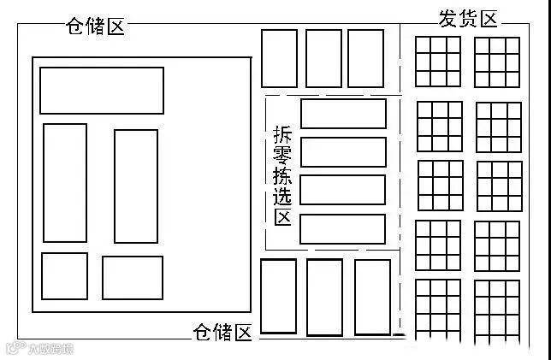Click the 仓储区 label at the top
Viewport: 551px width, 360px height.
click(95, 27)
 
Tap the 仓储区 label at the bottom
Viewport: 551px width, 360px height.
click(223, 332)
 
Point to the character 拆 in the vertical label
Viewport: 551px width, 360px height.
click(282, 135)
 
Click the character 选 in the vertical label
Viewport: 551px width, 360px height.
click(282, 197)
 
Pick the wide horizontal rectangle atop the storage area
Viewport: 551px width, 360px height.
click(101, 91)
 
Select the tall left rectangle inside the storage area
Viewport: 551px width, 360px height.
click(65, 183)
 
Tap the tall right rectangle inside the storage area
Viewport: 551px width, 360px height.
click(136, 186)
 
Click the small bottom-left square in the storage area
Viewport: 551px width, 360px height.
click(64, 275)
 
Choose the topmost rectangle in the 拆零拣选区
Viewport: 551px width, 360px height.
click(343, 114)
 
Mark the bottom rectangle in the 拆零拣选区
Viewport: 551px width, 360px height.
click(342, 229)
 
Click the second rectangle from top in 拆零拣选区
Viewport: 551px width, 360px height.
click(342, 152)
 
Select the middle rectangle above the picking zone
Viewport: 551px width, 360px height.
click(323, 58)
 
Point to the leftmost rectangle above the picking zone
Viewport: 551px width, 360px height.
click(279, 58)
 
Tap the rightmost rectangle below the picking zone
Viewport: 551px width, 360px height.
click(372, 297)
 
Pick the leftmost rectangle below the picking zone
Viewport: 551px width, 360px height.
click(279, 297)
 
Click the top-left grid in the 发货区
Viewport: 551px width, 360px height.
click(437, 62)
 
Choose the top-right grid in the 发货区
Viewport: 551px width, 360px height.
click(497, 62)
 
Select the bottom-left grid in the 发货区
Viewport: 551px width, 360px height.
click(437, 305)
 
